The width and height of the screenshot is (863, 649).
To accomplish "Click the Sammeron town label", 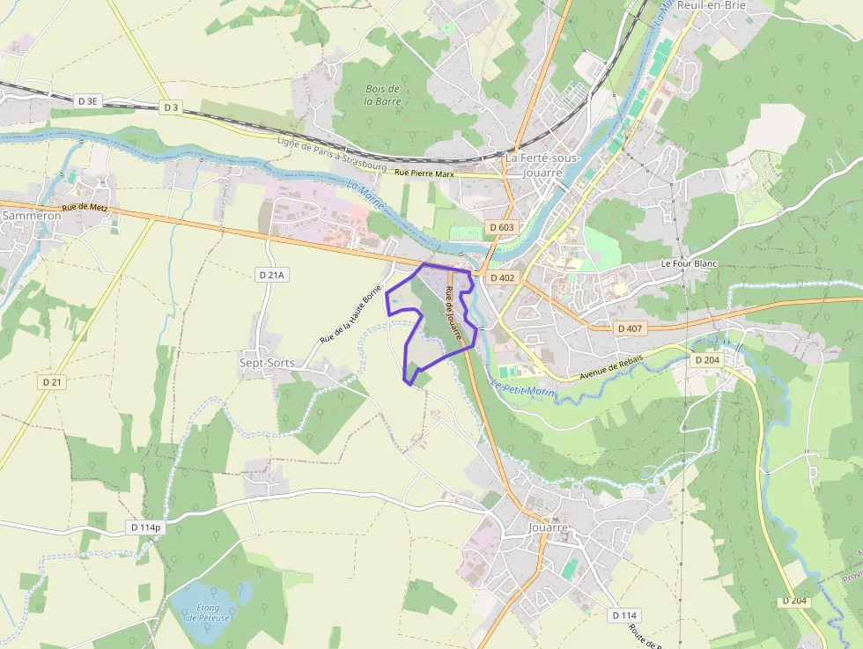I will coord(32,215).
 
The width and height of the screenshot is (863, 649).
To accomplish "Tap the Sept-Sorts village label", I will coord(267,363).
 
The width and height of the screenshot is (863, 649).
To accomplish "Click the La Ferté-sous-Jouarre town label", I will coord(542,165).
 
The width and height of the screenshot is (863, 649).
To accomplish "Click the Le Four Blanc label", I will coord(691,263).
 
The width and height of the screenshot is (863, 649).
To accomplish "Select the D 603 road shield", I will coord(501,227).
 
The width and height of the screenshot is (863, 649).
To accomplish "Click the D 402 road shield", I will coord(502,277).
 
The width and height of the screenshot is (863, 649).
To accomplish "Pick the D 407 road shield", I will coord(631,328).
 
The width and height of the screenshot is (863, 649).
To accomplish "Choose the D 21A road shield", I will coord(273,275).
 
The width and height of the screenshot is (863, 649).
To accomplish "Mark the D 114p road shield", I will coord(145,527).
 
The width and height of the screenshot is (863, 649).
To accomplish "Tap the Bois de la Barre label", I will coord(382,95).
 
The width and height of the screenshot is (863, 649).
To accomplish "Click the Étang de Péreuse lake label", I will coord(208,612).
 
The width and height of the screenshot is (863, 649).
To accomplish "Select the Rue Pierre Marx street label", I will coord(424,174).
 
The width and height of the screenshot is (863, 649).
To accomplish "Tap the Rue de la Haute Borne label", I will coord(350,313).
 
